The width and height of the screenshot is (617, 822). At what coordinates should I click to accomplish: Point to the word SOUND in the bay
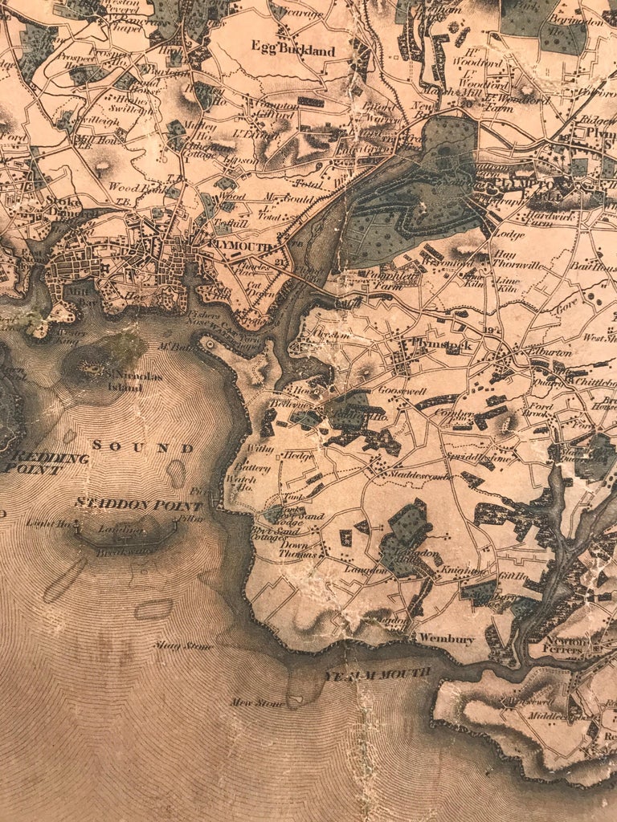142,446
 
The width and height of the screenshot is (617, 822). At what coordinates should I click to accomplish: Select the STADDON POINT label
137,504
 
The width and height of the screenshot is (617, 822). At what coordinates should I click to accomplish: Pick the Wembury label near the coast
446,640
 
